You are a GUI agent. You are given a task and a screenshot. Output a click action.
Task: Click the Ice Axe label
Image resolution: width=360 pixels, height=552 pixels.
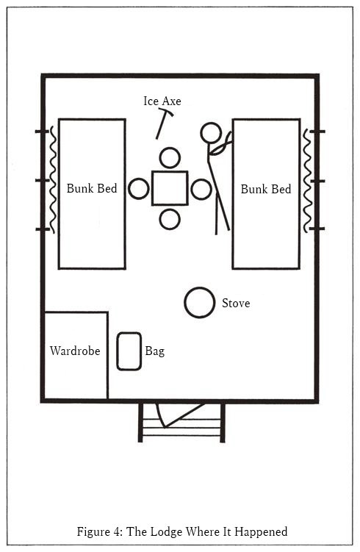point(162,101)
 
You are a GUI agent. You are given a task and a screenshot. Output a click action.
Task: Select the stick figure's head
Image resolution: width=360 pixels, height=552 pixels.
point(211,133)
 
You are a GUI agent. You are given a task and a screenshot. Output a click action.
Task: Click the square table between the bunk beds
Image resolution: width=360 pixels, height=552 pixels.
point(170,188)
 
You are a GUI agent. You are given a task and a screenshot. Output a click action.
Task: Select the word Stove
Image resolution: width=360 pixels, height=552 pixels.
point(236,303)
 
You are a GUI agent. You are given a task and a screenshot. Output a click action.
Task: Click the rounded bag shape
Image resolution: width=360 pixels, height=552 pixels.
point(129,351)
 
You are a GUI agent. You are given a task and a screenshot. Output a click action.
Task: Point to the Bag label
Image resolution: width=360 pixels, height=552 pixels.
point(155,351)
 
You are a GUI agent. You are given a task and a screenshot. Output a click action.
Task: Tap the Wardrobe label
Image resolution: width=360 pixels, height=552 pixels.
point(75,351)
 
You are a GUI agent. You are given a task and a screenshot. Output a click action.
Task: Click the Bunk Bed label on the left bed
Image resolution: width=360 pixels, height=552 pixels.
point(92,188)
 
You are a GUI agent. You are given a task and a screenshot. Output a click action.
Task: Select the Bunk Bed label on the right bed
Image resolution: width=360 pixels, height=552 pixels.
point(266,189)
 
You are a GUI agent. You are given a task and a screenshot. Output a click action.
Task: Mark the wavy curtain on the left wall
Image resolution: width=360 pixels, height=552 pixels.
point(52,179)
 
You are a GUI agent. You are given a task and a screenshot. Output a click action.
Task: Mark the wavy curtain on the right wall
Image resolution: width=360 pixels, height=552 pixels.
point(307,180)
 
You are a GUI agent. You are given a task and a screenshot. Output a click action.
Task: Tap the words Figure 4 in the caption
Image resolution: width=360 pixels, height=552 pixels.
point(99,531)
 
